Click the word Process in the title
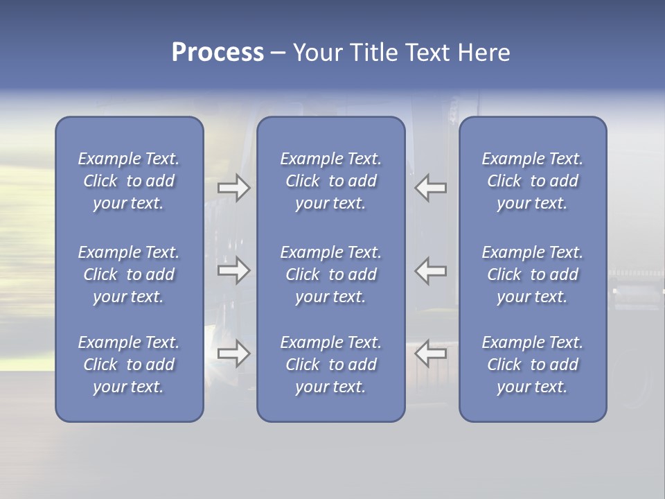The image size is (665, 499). coord(218,53)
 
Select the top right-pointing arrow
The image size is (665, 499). coord(234,187)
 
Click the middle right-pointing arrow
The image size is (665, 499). coord(234,270)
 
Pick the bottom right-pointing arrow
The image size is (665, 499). coord(234,353)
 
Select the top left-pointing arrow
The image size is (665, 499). coord(431,187)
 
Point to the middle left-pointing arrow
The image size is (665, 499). coord(431,270)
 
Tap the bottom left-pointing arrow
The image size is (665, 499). coord(431,353)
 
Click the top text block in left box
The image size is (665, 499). coord(129,181)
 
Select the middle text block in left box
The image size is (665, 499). coord(129,274)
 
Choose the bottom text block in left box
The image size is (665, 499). coord(129,365)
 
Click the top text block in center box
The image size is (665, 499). coord(331,181)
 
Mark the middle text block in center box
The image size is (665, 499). coord(331,274)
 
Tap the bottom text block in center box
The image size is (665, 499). coord(331,365)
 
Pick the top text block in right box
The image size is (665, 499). coord(533,181)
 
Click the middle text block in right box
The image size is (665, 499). coord(533,274)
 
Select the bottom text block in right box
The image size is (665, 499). coord(533,365)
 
